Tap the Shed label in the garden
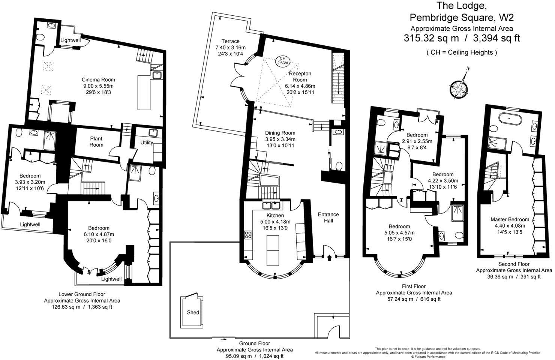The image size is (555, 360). [193, 312]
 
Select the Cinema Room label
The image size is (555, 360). [98, 79]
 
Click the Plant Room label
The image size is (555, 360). [96, 141]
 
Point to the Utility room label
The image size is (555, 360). [147, 142]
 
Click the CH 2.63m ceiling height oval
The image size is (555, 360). [283, 60]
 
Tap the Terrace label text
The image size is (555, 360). [230, 41]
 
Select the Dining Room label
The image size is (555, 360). [280, 133]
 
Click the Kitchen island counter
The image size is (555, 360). [273, 250]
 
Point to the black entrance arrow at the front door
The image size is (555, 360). [329, 258]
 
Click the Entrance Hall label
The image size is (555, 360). [328, 217]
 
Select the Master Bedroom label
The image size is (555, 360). [510, 219]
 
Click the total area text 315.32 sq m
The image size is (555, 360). [431, 38]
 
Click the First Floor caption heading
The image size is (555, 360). [414, 286]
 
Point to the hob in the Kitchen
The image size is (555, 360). [248, 235]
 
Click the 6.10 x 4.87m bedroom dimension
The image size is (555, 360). [99, 234]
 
